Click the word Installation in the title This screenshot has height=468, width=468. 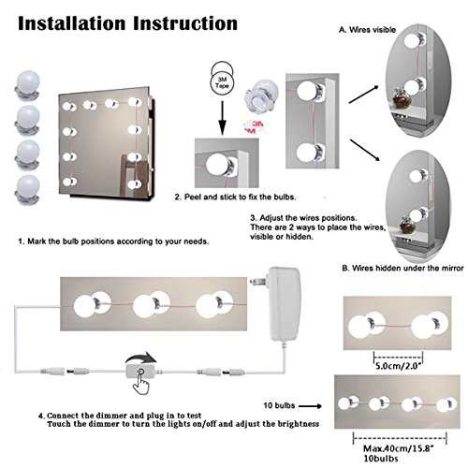coord(71,23)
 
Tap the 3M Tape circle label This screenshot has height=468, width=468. coord(222,82)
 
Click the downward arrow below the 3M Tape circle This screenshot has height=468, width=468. coord(222,118)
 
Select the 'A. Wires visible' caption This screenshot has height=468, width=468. coord(367,30)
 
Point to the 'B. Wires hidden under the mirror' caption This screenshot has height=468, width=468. coord(402,268)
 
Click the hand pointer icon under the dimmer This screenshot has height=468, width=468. coord(141,386)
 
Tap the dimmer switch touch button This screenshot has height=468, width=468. coord(141,372)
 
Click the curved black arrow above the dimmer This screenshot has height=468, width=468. coord(140,358)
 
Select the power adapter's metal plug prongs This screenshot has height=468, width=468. coord(257,282)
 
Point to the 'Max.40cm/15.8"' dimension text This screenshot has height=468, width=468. coord(399,448)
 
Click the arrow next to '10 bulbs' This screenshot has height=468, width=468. coord(310,406)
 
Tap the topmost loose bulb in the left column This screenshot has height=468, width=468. coord(27,85)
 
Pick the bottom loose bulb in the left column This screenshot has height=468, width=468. coord(27,189)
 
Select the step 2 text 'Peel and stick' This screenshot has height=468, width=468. coord(207,197)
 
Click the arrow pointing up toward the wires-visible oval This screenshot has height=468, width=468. coord(364,94)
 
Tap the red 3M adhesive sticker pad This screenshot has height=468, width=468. coord(254,127)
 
